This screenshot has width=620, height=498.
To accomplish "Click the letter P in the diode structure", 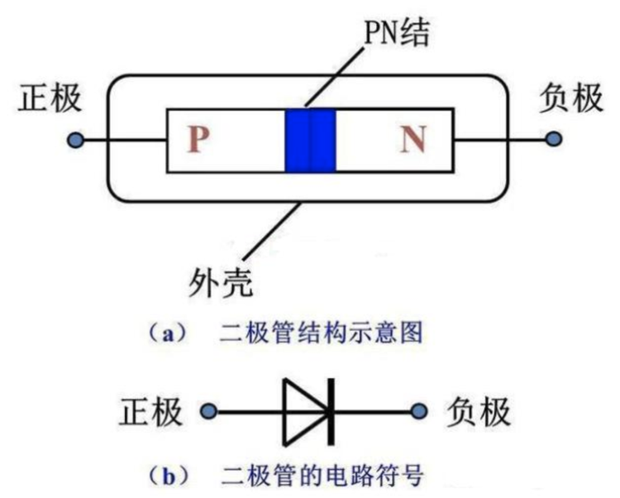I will pos(196,141).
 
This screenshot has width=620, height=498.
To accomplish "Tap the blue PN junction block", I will pos(310,141).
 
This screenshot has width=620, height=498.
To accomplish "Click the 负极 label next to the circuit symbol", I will pos(479,411).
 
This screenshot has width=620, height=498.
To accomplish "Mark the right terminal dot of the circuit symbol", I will pos(422,411).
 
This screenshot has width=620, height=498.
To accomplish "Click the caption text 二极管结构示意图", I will pos(322,334).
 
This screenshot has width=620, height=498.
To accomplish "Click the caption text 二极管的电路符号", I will pos(322,476).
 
